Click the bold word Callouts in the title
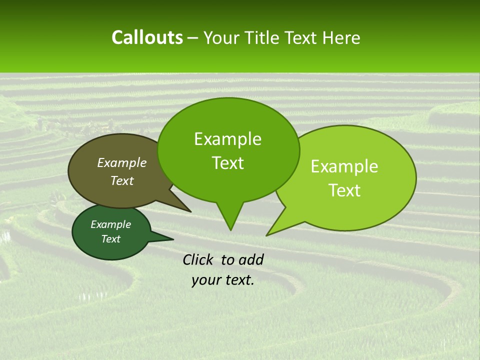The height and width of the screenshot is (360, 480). click(x=147, y=37)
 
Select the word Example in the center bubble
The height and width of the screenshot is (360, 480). click(x=227, y=139)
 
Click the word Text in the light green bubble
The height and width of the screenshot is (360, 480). click(x=344, y=190)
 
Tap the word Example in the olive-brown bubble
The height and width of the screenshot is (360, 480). click(x=122, y=162)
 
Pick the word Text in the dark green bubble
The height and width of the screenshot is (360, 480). click(x=111, y=239)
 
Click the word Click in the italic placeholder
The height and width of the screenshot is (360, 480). click(x=198, y=259)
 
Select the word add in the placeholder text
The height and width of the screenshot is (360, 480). click(x=251, y=259)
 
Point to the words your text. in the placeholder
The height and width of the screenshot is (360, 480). click(x=223, y=280)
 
